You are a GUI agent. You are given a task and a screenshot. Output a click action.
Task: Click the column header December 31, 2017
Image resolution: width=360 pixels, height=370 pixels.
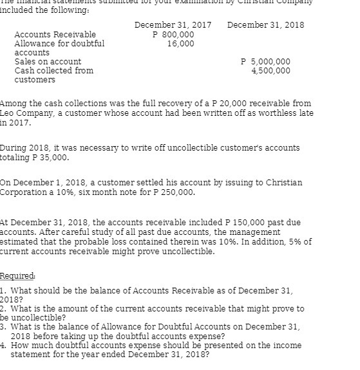click(x=173, y=24)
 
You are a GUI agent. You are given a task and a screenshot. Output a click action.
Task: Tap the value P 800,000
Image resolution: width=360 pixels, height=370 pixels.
click(x=173, y=34)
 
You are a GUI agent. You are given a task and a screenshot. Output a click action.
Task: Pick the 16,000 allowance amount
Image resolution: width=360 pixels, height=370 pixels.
click(x=180, y=43)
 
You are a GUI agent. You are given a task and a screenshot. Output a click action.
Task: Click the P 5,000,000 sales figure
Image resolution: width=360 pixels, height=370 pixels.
click(x=265, y=62)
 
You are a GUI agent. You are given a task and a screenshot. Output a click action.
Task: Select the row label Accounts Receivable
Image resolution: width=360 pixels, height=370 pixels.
click(x=55, y=34)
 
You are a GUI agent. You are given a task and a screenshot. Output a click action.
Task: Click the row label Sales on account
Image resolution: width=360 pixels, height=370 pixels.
click(x=48, y=62)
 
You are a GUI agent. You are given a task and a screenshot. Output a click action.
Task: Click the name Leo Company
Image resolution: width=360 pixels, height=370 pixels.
click(x=26, y=113)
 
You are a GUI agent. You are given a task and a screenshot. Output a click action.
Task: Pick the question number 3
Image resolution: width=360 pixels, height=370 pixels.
click(x=3, y=327)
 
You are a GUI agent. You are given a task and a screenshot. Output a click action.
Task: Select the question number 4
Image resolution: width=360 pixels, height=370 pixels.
click(x=3, y=345)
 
